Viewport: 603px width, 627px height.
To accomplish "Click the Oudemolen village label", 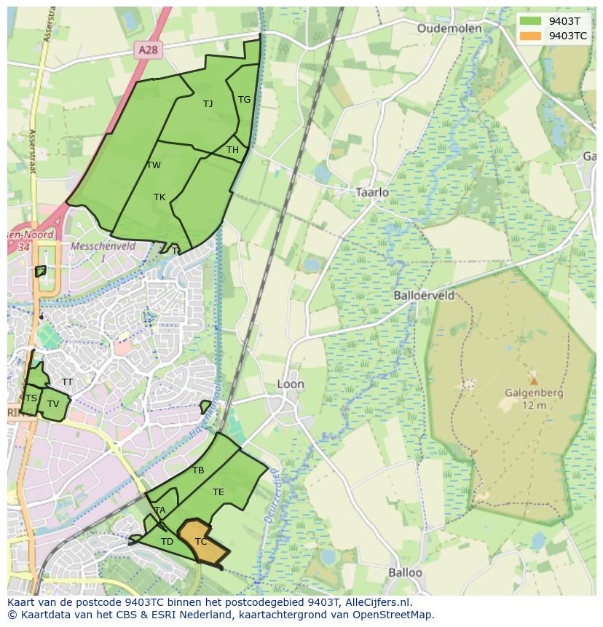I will pyautogui.click(x=449, y=28).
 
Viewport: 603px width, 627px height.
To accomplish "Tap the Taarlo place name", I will pyautogui.click(x=371, y=192).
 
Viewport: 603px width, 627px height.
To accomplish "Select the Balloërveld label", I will pyautogui.click(x=424, y=296).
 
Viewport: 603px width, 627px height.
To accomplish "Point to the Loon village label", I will pyautogui.click(x=291, y=384).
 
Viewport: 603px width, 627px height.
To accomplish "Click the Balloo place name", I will pyautogui.click(x=405, y=572).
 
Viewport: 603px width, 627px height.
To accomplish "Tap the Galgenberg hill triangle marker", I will pyautogui.click(x=534, y=380).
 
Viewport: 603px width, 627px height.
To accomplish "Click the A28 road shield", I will pyautogui.click(x=148, y=50).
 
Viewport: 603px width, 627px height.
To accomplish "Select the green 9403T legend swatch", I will pyautogui.click(x=531, y=20).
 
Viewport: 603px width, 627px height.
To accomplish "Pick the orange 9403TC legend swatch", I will pyautogui.click(x=531, y=35).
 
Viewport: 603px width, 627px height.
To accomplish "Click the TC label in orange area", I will pyautogui.click(x=201, y=542).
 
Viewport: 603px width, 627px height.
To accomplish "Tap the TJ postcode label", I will pyautogui.click(x=208, y=103).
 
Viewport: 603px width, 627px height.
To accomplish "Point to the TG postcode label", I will pyautogui.click(x=244, y=100).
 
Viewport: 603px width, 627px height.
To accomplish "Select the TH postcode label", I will pyautogui.click(x=232, y=150).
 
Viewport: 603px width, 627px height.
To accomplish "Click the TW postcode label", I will pyautogui.click(x=154, y=165).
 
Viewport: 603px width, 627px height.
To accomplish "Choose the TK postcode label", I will pyautogui.click(x=159, y=197).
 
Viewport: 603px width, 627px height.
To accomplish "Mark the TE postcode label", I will pyautogui.click(x=218, y=492).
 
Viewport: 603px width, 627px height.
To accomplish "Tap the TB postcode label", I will pyautogui.click(x=198, y=470).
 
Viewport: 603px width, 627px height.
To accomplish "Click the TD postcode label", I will pyautogui.click(x=167, y=541).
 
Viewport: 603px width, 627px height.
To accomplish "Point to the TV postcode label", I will pyautogui.click(x=53, y=404).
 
